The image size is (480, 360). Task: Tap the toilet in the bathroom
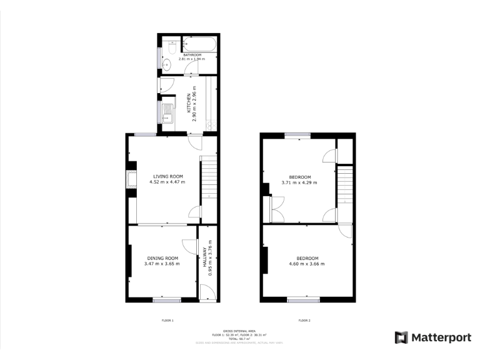pyautogui.click(x=170, y=46)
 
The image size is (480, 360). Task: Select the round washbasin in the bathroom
pyautogui.click(x=167, y=64)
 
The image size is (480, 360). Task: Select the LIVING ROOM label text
pyautogui.click(x=167, y=176)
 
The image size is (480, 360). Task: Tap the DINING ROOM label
pyautogui.click(x=162, y=258)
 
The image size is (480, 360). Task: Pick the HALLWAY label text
pyautogui.click(x=204, y=258)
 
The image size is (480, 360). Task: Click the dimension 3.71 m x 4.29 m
pyautogui.click(x=299, y=182)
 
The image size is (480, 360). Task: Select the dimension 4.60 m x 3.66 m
pyautogui.click(x=307, y=264)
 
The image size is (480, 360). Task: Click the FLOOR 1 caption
pyautogui.click(x=167, y=320)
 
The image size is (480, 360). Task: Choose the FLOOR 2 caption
pyautogui.click(x=304, y=320)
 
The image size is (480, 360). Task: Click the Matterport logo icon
pyautogui.click(x=401, y=337)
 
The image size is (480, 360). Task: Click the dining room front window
pyautogui.click(x=167, y=301)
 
